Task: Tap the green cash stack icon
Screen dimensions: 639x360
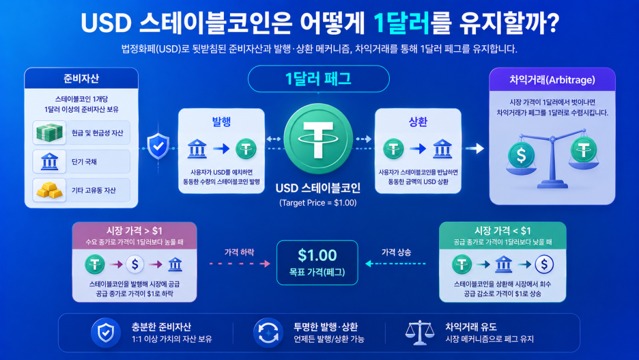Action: pyautogui.click(x=49, y=133)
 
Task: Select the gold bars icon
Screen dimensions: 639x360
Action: pyautogui.click(x=49, y=190)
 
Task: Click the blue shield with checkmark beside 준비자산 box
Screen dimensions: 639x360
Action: pyautogui.click(x=158, y=146)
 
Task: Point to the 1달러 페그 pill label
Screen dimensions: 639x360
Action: pyautogui.click(x=318, y=79)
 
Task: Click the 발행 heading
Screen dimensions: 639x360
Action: pyautogui.click(x=221, y=122)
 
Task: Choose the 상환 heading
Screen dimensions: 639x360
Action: pyautogui.click(x=418, y=122)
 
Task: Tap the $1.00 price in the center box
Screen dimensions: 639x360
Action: pyautogui.click(x=317, y=255)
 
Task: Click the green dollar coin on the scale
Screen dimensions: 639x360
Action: pyautogui.click(x=521, y=155)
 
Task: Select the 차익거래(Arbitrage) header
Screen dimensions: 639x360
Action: pyautogui.click(x=552, y=79)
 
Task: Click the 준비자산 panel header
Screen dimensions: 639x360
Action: pyautogui.click(x=81, y=79)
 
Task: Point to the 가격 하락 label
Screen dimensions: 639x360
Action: pyautogui.click(x=239, y=252)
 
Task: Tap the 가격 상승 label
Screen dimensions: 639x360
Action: pyautogui.click(x=396, y=252)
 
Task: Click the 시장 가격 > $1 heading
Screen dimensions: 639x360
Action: pyautogui.click(x=134, y=231)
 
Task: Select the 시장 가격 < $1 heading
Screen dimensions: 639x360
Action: pyautogui.click(x=502, y=231)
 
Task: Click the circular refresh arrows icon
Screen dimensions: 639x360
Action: pyautogui.click(x=268, y=333)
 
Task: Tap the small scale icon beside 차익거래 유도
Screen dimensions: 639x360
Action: pyautogui.click(x=419, y=333)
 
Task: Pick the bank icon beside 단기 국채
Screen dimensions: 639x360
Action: pyautogui.click(x=49, y=161)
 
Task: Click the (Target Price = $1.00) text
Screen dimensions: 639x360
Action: pyautogui.click(x=318, y=203)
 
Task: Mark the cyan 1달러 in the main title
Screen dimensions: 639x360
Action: pyautogui.click(x=402, y=23)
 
